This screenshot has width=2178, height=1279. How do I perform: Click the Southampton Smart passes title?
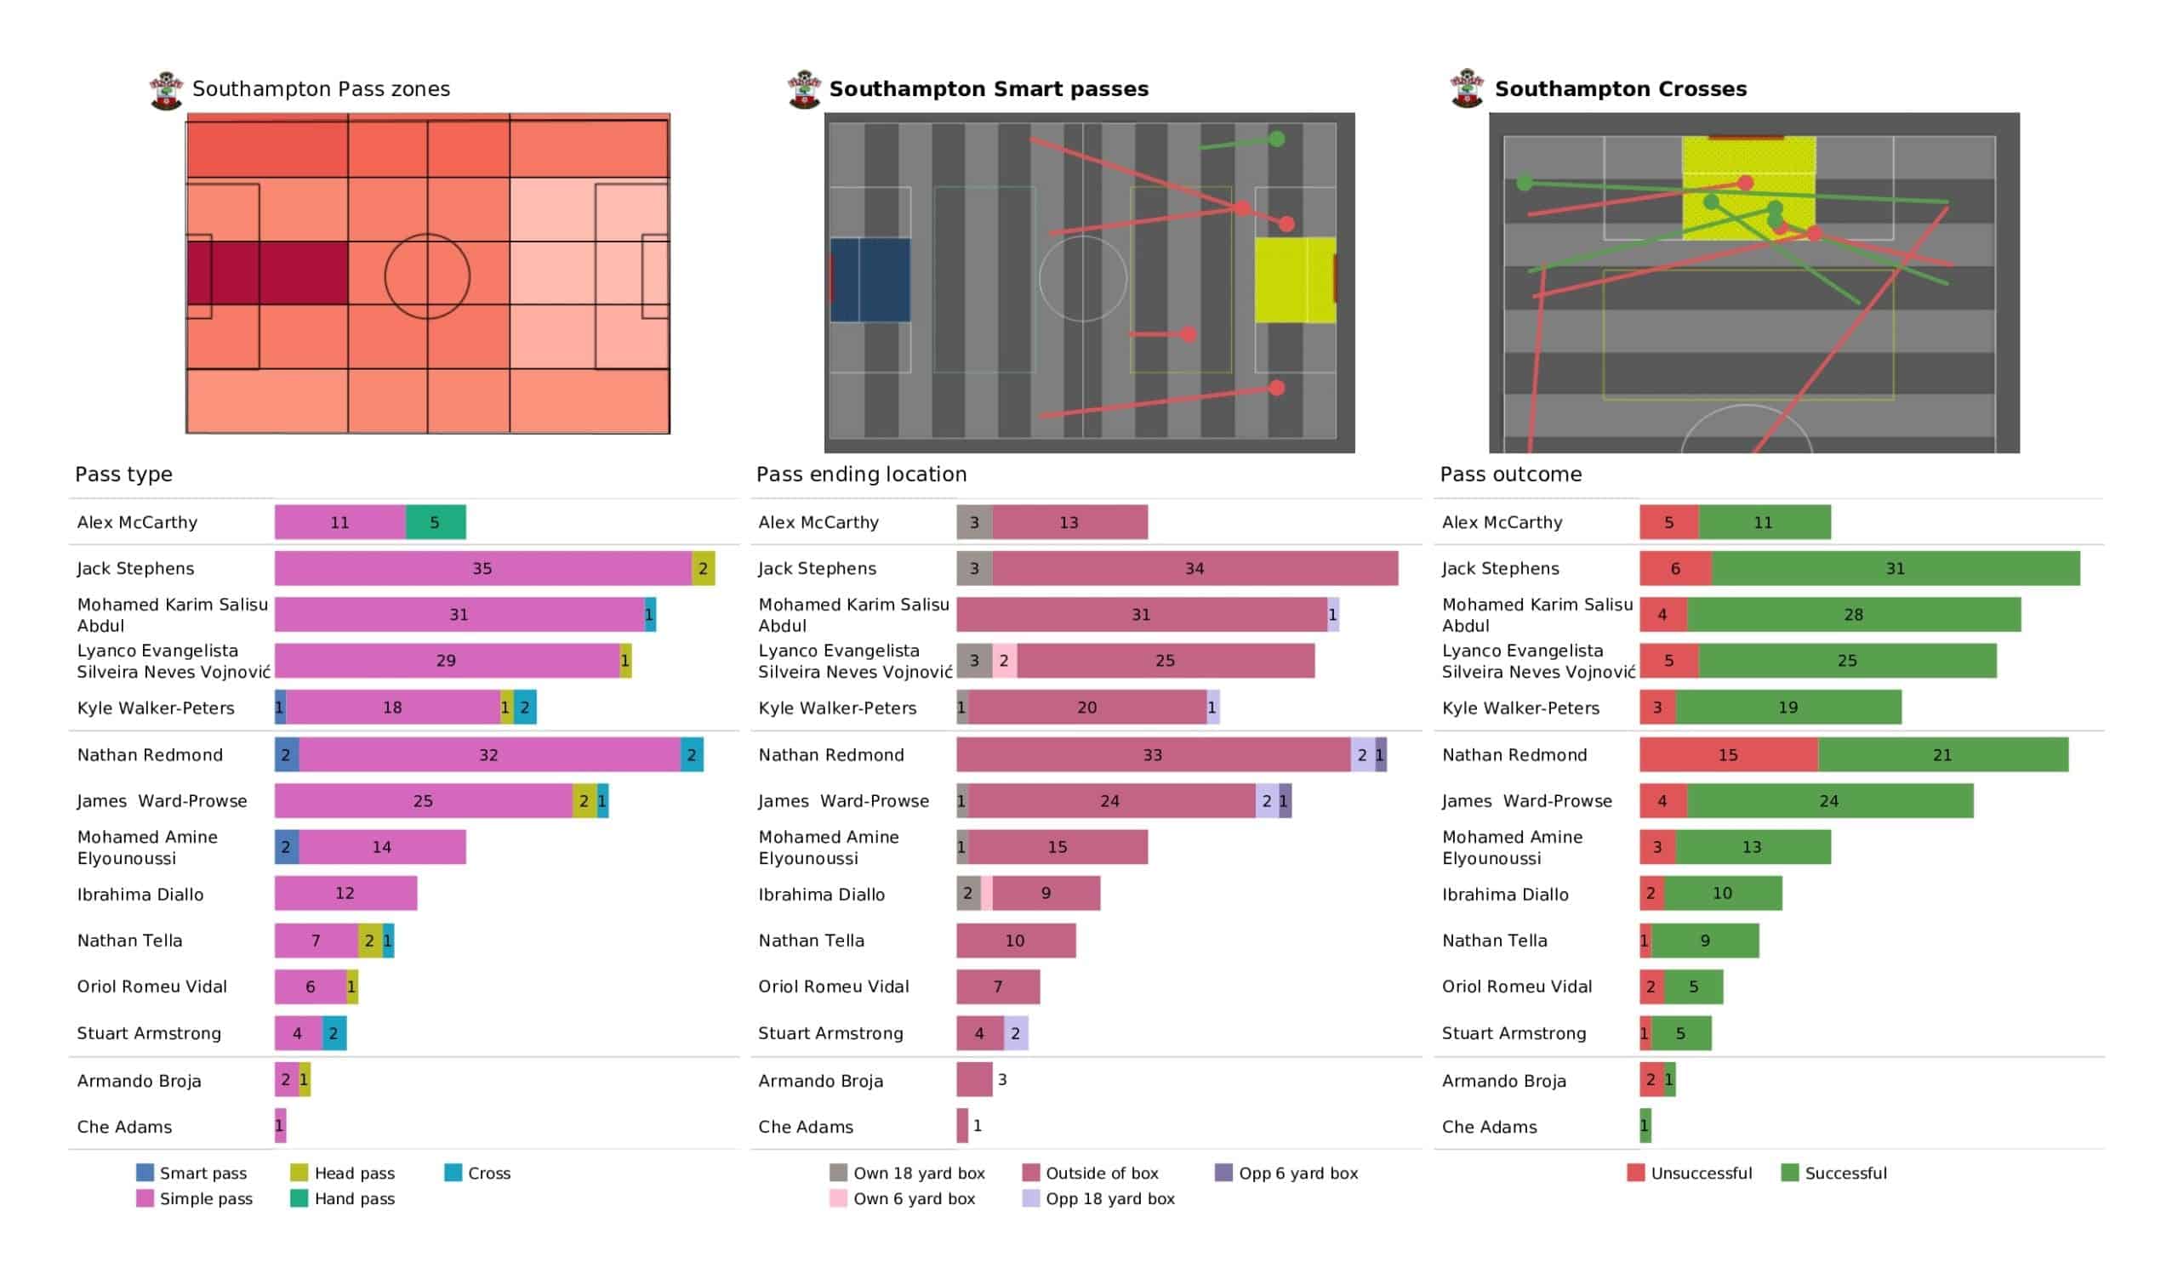[989, 89]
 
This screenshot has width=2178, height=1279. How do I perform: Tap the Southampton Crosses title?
[1621, 89]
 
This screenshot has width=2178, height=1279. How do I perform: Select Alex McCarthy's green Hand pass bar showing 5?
[436, 523]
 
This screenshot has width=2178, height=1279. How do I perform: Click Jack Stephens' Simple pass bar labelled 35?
[482, 569]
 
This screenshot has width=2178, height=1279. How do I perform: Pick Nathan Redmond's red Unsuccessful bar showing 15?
[1729, 755]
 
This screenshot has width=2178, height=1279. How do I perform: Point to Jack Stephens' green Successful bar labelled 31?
[1896, 569]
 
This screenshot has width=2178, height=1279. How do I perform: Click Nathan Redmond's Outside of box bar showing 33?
[1153, 755]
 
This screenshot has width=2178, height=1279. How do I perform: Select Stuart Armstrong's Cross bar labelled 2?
[334, 1033]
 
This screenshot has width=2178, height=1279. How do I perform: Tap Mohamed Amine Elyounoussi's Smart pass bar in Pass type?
[287, 848]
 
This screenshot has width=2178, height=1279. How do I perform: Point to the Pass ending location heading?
[861, 475]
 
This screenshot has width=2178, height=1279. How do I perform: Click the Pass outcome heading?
[1511, 475]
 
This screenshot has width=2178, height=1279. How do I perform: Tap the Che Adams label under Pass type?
[124, 1128]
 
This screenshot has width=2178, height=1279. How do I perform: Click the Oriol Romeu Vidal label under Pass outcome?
[1517, 987]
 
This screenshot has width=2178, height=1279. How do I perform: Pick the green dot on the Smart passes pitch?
[1276, 139]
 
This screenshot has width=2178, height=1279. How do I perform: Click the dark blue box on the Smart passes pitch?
[870, 280]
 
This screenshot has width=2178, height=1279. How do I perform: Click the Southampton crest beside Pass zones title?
[166, 91]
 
